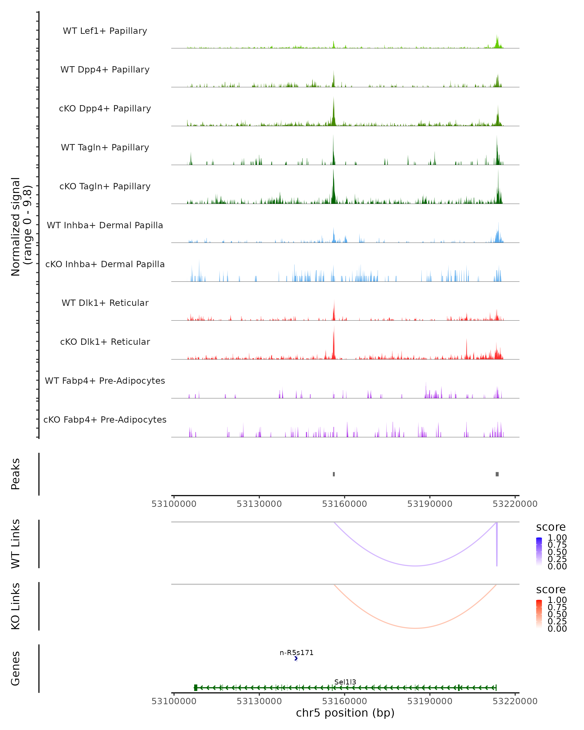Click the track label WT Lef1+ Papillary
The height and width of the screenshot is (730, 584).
click(x=105, y=31)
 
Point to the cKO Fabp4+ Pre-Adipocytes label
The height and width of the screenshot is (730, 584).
click(x=105, y=420)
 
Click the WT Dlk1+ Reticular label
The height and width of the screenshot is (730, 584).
click(x=105, y=303)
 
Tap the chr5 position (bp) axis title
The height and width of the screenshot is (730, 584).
click(x=345, y=713)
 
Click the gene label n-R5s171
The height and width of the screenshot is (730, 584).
click(x=297, y=652)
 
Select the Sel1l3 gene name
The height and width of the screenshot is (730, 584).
click(x=345, y=682)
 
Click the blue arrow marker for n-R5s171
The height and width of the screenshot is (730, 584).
click(x=296, y=658)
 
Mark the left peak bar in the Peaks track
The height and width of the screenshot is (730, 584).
click(x=334, y=474)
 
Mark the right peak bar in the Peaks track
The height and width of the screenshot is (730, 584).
click(x=497, y=474)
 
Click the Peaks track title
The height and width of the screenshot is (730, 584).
click(x=16, y=474)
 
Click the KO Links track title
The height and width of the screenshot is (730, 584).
click(x=16, y=606)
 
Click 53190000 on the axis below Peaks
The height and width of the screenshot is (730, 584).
click(x=430, y=504)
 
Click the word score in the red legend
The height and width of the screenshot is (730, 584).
click(x=551, y=590)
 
